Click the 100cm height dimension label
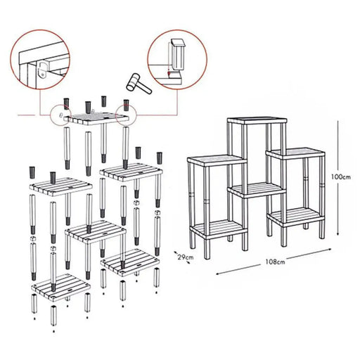(341, 176)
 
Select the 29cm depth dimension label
(186, 257)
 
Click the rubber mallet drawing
(139, 84)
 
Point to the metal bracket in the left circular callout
(43, 70)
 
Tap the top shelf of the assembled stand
(257, 121)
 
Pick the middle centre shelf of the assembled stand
(257, 190)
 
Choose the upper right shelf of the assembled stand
(295, 153)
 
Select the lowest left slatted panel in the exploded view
(61, 287)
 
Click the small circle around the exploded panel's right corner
(127, 115)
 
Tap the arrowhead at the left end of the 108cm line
(218, 274)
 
